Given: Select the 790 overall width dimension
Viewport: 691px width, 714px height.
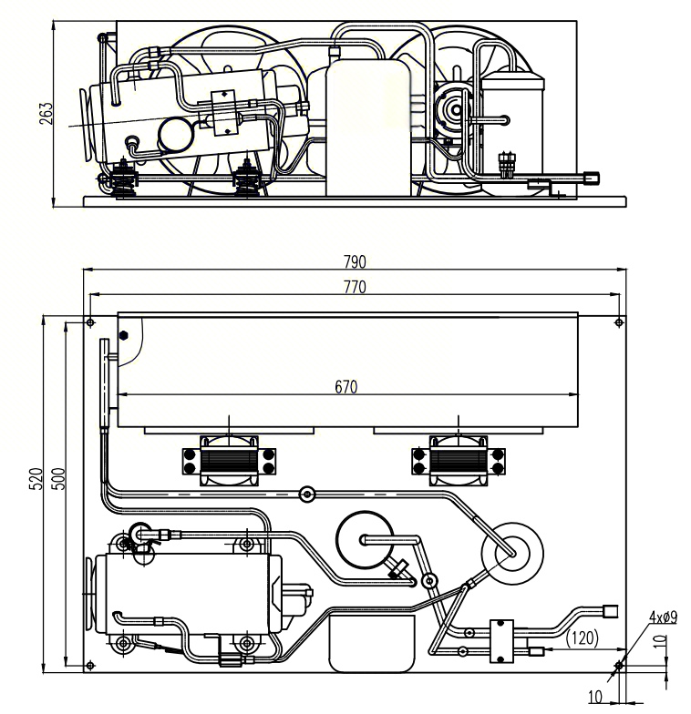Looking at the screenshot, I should tap(355, 262).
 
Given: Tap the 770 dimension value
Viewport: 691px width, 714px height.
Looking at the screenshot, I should tap(355, 288).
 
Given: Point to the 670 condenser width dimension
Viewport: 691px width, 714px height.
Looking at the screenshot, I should tap(345, 387).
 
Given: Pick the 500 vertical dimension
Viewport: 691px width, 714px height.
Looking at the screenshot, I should tap(59, 479).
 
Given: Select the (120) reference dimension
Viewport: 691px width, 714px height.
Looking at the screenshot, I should tap(582, 638).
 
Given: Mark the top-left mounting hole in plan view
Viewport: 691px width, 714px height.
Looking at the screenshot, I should tap(89, 321).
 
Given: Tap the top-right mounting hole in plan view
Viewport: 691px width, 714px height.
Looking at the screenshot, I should tap(620, 321).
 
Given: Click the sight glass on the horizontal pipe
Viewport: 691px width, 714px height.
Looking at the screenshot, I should tap(306, 495).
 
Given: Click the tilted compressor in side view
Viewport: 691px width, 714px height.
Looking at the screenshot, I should tap(182, 114).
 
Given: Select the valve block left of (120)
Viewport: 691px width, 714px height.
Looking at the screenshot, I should tap(501, 640).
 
